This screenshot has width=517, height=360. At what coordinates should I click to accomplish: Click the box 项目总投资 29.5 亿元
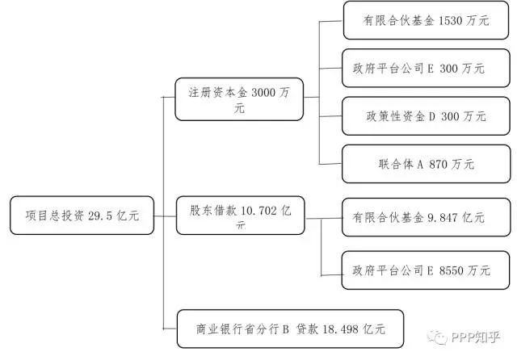(x=82, y=216)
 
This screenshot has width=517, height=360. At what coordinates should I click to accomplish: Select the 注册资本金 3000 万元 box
(x=239, y=99)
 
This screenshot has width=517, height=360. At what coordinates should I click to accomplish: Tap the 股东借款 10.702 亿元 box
(x=239, y=216)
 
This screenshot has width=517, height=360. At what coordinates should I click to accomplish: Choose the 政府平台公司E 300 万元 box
(x=426, y=69)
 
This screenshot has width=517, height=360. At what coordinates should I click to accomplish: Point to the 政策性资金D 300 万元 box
(x=426, y=116)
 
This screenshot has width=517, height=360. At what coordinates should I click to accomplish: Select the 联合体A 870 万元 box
(x=426, y=164)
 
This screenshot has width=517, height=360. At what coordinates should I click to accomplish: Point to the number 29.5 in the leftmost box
(x=103, y=216)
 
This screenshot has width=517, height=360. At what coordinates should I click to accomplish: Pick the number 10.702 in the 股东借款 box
(x=259, y=210)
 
